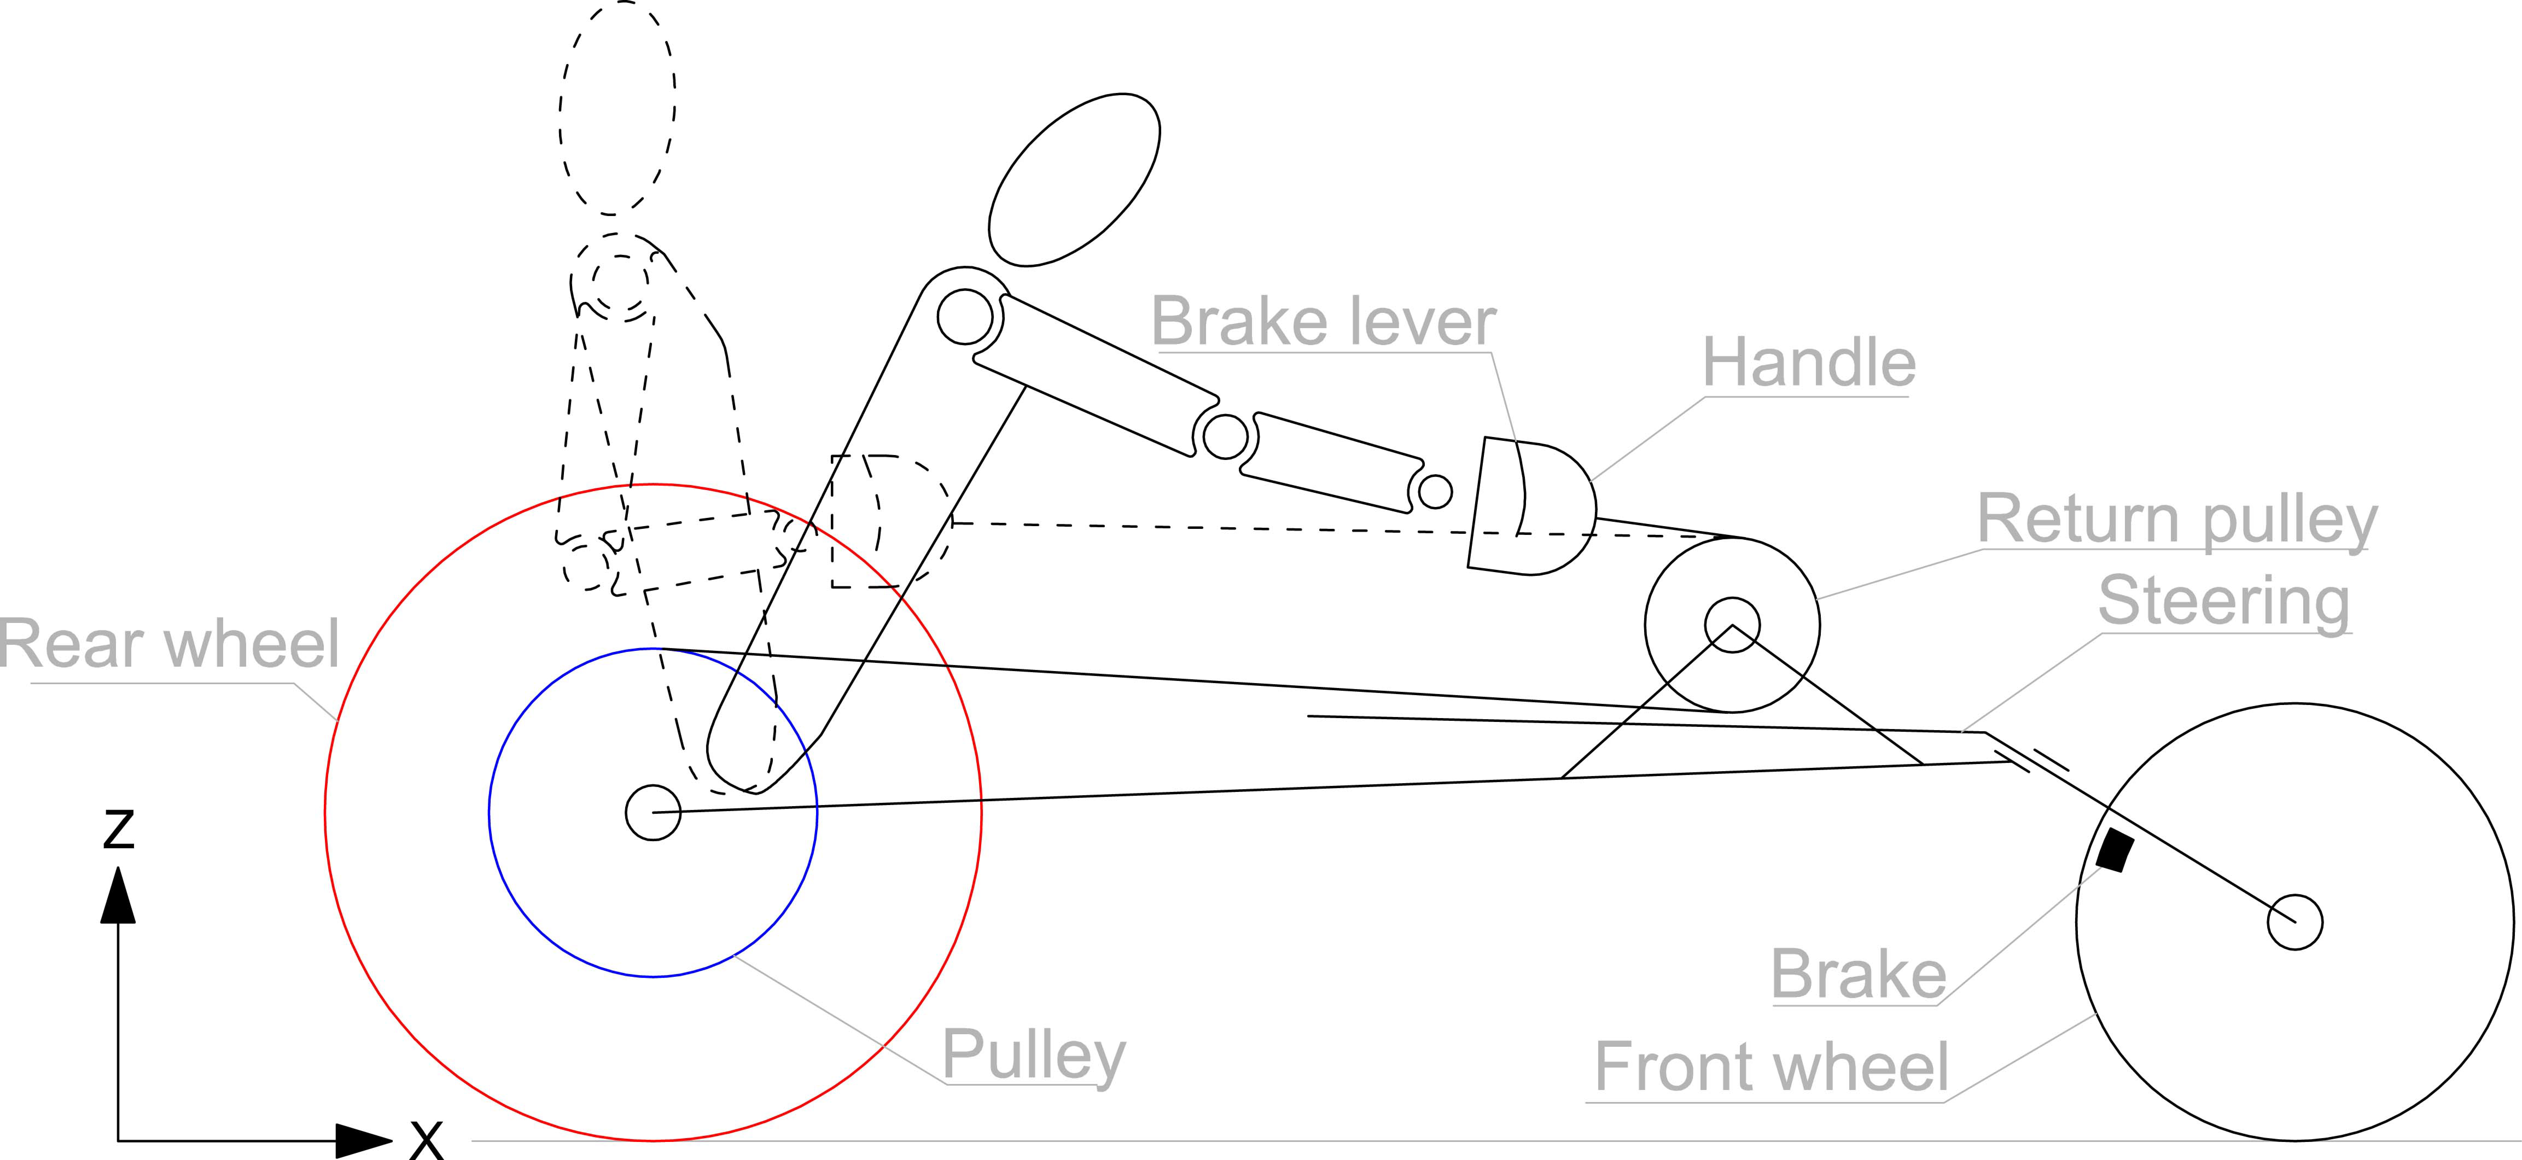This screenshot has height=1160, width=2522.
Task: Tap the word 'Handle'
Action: [x=1808, y=363]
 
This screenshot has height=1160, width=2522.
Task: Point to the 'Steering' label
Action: [x=2223, y=601]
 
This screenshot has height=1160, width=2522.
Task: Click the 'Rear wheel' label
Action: [x=169, y=644]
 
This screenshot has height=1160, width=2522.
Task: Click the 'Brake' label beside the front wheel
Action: [x=1858, y=975]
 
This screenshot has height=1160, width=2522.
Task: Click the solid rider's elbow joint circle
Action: [x=1225, y=437]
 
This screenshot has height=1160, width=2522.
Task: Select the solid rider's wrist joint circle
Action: [x=1435, y=491]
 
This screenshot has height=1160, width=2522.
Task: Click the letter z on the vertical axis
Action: [x=118, y=829]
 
